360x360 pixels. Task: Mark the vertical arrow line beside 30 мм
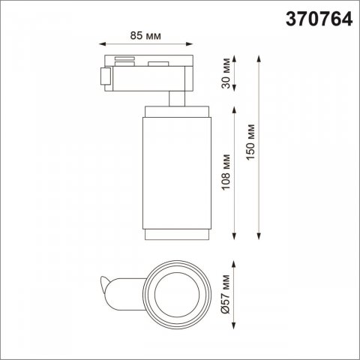tap(237, 76)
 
